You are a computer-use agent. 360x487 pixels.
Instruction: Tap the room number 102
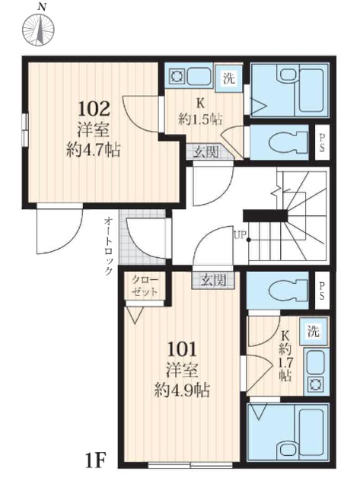coord(94,108)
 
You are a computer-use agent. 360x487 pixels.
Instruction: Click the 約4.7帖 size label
coord(93,150)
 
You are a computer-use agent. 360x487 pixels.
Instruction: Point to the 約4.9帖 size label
coord(183,390)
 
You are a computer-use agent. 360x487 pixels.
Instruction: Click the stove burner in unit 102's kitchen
coord(177,76)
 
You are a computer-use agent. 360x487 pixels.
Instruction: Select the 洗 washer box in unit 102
coord(228,78)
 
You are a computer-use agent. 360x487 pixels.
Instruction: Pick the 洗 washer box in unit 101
coord(314,332)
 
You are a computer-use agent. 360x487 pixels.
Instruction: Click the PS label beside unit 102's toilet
coord(322,142)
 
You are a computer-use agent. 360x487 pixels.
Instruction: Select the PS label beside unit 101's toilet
coord(322,291)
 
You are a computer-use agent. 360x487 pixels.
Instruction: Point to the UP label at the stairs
coord(240,235)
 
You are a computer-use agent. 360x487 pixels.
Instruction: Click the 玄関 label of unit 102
coord(206,152)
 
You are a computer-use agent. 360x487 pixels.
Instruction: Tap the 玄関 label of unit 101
coord(213,281)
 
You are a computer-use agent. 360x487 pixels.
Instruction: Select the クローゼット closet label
coord(145,286)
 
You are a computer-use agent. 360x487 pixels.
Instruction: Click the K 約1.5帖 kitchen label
coord(200,112)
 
